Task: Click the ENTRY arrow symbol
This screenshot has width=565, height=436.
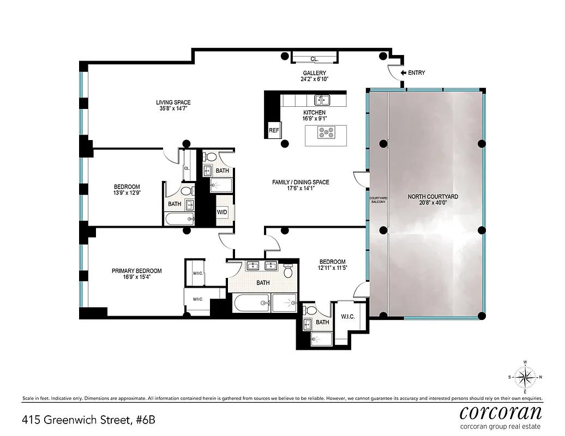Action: coord(404,72)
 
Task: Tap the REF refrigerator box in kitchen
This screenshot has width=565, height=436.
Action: coord(274,131)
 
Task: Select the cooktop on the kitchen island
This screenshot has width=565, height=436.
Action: coord(326,131)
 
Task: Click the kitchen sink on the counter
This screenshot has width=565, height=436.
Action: coord(322,100)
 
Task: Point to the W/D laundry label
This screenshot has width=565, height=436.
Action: coord(223,211)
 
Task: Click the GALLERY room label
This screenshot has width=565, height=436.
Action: coord(315,73)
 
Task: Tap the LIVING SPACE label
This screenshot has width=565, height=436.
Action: coord(173,102)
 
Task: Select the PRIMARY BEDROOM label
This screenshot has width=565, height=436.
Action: coord(136,271)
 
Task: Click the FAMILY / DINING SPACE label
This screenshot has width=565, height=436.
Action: coord(301,183)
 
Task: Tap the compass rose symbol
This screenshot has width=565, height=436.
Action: coord(525,377)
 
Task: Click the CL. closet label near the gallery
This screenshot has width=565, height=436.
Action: coord(315,59)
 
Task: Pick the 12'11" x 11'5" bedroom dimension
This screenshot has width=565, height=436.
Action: coord(333,268)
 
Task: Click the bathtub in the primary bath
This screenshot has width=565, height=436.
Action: coord(251,302)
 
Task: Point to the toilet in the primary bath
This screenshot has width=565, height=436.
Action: coord(288,271)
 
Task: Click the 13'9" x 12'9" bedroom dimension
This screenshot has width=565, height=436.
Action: coord(127,193)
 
